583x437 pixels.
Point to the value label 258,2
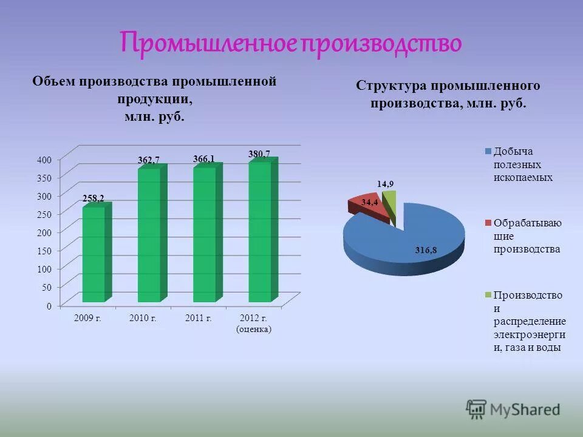(93, 198)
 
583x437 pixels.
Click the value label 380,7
(259, 154)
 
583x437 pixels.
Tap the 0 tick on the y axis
(48, 306)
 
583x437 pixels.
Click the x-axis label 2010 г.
(143, 318)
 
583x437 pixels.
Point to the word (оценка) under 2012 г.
(253, 330)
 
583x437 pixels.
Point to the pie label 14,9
(385, 184)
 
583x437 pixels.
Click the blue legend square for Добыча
(488, 152)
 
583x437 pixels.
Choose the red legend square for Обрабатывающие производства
(488, 223)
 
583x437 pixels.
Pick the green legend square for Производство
(488, 295)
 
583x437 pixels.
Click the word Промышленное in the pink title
(207, 42)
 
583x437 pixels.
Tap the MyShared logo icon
(476, 409)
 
